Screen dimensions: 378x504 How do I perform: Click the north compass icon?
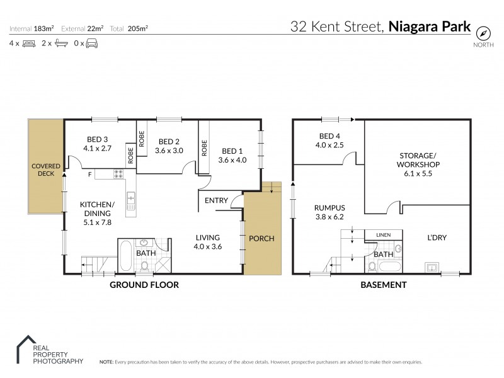[x=483, y=33]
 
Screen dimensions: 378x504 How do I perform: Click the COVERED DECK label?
[x=45, y=169]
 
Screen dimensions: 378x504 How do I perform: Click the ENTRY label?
[x=216, y=200]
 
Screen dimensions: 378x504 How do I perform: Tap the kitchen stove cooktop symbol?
[x=117, y=174]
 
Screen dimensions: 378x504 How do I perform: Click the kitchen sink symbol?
[x=131, y=201]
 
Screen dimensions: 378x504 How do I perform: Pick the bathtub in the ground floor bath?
[x=125, y=256]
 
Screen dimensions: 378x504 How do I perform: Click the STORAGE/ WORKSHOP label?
[x=417, y=160]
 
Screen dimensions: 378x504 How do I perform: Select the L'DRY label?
[x=436, y=238]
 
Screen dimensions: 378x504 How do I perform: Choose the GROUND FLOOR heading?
[x=144, y=285]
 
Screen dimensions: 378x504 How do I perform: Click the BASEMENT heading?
[x=382, y=285]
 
